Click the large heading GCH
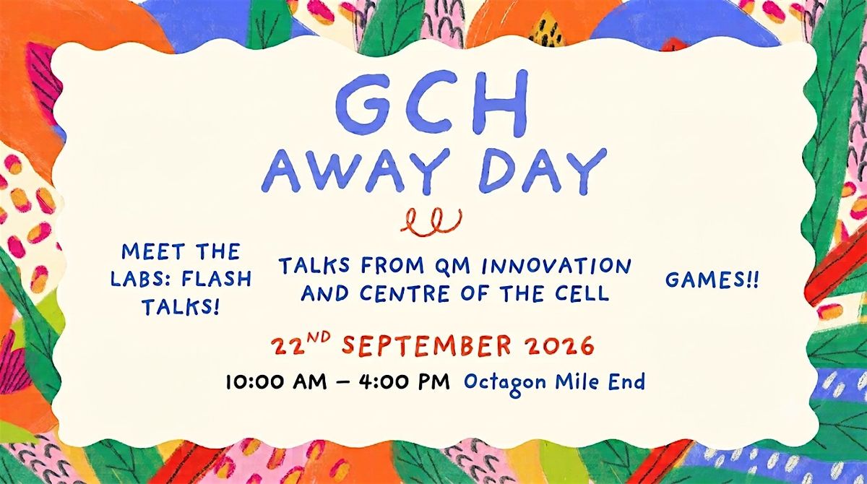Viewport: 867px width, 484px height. [432, 103]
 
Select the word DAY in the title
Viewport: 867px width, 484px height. [543, 171]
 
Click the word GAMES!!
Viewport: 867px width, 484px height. [712, 280]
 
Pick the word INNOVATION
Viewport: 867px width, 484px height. [556, 266]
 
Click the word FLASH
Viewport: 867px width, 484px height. [216, 279]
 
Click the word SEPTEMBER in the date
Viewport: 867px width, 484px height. [426, 345]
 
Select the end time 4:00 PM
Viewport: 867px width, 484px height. [405, 382]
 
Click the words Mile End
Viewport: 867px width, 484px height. [600, 381]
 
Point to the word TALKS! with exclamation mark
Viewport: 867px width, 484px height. [181, 307]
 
